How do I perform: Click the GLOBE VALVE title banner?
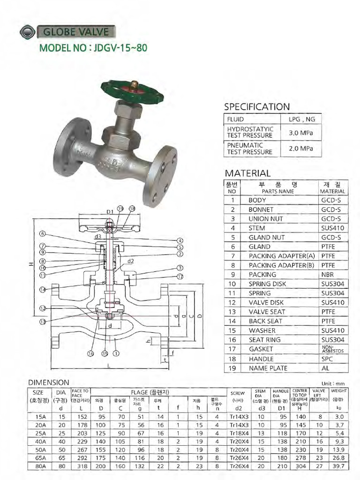pyautogui.click(x=75, y=32)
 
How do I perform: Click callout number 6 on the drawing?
pyautogui.click(x=42, y=234)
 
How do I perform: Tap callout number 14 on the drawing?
pyautogui.click(x=42, y=290)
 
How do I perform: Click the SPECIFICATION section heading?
pyautogui.click(x=257, y=106)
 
